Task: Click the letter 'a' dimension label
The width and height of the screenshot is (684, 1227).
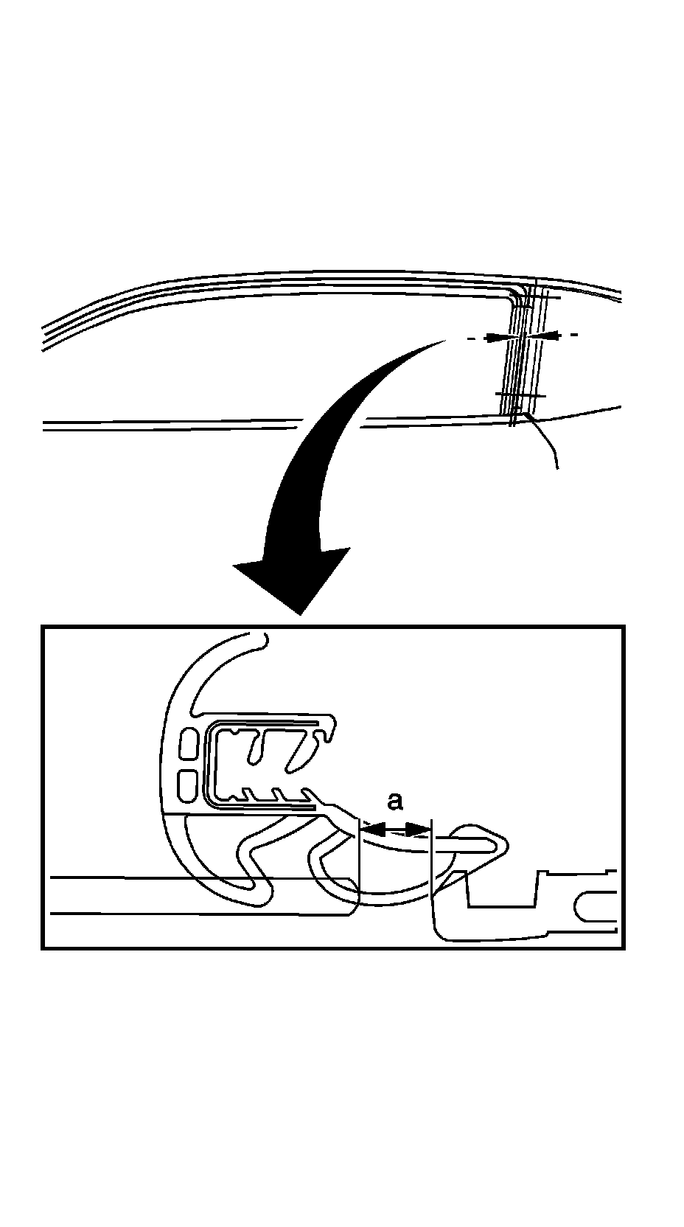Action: [x=396, y=801]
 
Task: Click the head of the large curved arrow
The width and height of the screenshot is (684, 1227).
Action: [x=294, y=583]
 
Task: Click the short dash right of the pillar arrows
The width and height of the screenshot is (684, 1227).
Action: [x=573, y=336]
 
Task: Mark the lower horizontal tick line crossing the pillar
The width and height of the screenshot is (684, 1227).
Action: [x=520, y=396]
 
